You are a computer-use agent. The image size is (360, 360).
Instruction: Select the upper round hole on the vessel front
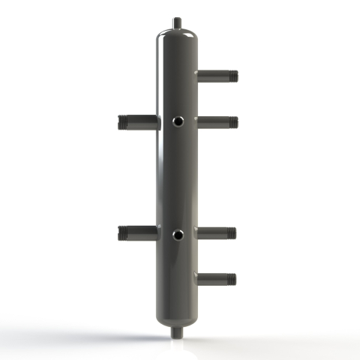click(x=178, y=120)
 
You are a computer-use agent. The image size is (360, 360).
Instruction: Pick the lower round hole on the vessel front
click(x=178, y=235)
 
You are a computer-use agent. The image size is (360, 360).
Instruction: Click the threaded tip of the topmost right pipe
click(x=232, y=75)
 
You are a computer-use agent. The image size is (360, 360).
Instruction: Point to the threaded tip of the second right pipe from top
click(x=232, y=120)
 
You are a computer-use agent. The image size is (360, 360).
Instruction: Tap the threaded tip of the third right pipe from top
click(x=232, y=233)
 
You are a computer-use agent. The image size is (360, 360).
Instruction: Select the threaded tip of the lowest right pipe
click(x=232, y=279)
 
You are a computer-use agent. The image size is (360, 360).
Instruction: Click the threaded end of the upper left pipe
click(x=124, y=121)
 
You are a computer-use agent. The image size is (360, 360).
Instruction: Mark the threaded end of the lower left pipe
click(x=124, y=233)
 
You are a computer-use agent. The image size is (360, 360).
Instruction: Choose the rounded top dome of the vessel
click(x=178, y=36)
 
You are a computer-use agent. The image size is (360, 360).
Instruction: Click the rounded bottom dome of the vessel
click(x=178, y=315)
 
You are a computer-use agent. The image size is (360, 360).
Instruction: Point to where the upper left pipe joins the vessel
click(x=158, y=121)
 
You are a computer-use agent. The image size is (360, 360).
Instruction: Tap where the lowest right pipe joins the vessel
click(x=198, y=279)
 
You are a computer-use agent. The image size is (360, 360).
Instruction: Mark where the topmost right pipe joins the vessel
click(x=198, y=75)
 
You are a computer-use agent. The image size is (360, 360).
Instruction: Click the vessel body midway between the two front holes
click(x=178, y=178)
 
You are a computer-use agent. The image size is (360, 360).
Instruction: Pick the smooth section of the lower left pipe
click(x=144, y=233)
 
